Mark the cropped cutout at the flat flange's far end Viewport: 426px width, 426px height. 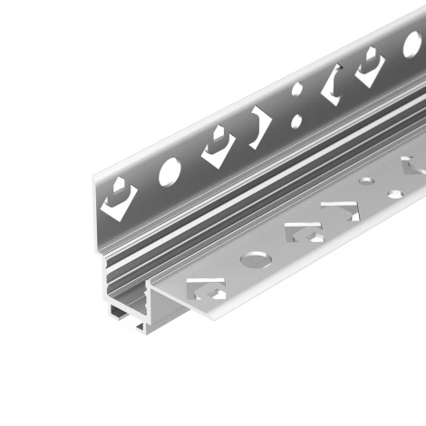(x=412, y=169)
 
